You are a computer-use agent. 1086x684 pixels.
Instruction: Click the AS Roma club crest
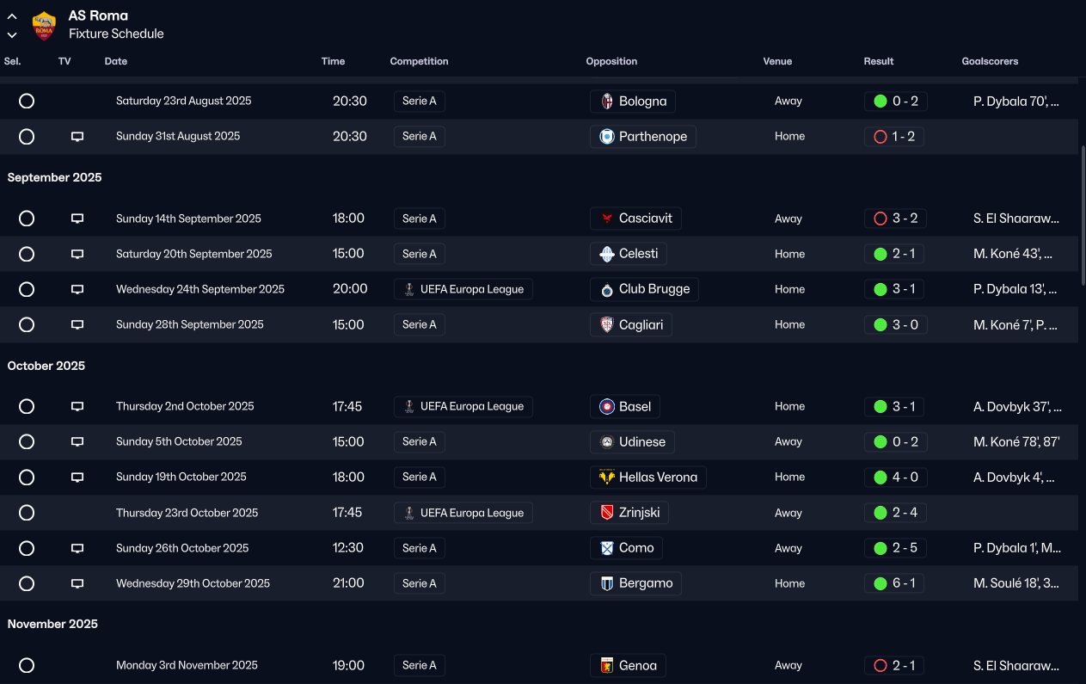point(43,26)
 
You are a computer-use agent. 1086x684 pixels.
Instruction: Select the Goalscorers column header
point(990,61)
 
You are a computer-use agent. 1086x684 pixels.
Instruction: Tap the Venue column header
point(777,61)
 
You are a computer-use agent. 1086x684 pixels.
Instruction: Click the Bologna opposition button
point(633,102)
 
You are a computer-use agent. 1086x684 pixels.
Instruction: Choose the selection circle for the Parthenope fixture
point(27,137)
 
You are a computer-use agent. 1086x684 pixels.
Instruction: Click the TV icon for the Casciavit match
point(77,219)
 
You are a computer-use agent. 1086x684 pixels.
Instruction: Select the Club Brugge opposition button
point(644,289)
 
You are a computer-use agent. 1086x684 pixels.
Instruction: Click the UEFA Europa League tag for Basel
point(463,406)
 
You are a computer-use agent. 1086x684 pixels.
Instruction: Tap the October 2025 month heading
point(46,366)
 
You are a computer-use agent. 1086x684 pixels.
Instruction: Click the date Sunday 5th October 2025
point(179,441)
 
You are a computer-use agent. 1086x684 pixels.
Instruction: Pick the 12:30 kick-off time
point(348,548)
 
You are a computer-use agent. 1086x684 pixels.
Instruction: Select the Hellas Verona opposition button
point(648,477)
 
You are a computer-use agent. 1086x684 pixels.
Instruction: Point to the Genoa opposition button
point(628,665)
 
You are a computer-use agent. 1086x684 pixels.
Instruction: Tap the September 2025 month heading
point(54,177)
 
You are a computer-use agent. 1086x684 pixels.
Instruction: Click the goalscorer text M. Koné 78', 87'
point(1016,441)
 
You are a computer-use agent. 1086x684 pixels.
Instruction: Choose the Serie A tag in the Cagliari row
point(420,324)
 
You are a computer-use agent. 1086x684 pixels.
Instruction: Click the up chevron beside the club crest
point(12,16)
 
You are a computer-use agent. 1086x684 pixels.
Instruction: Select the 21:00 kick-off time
point(348,583)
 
